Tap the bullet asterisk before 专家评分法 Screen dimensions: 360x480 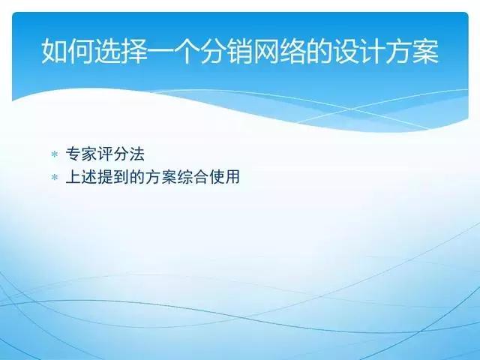[x=54, y=154]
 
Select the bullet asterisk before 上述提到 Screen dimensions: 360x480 [x=54, y=178]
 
